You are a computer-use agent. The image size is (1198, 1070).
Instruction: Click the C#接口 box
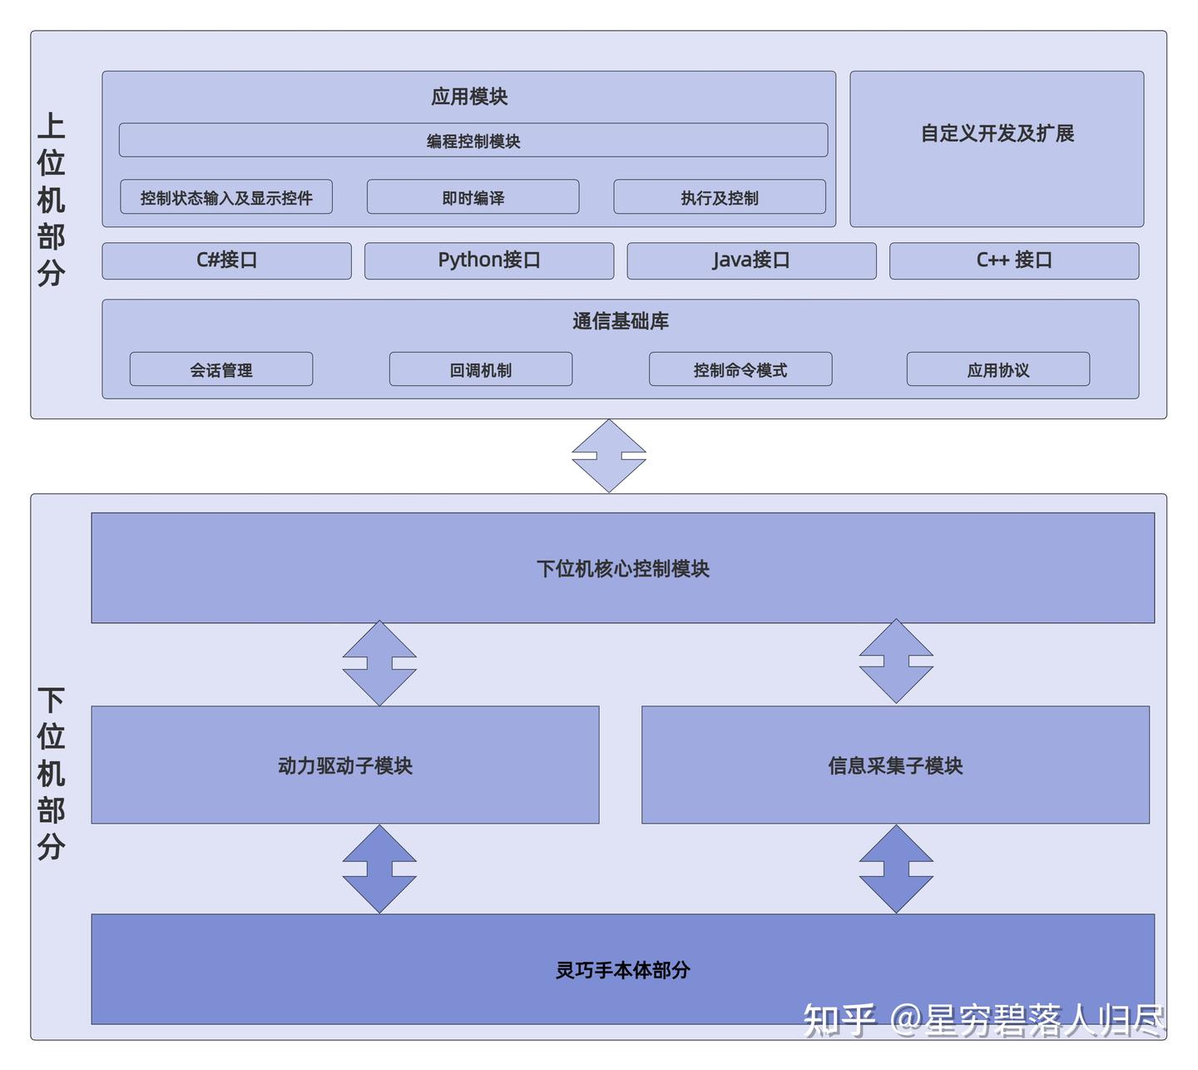point(226,260)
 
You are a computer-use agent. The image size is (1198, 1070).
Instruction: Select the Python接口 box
point(489,260)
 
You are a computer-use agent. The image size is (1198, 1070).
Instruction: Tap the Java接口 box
point(751,260)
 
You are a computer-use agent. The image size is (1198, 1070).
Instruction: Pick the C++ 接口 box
point(1013,260)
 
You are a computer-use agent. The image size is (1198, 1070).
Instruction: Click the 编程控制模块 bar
point(473,141)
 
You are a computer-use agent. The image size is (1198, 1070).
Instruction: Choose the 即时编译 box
point(473,197)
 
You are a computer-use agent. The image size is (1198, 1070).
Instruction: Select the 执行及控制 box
point(719,197)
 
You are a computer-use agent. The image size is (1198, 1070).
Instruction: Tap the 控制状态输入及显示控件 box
point(226,197)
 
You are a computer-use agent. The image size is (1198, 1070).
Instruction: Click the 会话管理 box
point(221,369)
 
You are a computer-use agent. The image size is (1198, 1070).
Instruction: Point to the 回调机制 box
point(481,369)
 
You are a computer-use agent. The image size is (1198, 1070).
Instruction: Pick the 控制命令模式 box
point(740,369)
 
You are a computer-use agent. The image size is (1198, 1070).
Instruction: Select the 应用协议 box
point(998,369)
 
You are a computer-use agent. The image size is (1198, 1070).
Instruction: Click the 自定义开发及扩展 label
point(997,133)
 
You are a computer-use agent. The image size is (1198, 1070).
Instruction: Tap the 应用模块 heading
point(469,97)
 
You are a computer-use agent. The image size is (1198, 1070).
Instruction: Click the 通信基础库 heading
point(621,321)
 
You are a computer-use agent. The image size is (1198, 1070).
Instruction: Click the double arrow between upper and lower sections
point(609,456)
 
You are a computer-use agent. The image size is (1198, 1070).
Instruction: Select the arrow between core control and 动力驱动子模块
point(379,663)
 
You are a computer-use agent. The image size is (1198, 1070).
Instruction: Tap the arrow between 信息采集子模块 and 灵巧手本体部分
point(896,869)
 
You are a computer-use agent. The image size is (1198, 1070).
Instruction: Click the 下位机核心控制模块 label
point(622,568)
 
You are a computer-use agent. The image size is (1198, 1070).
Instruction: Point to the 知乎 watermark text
point(839,1020)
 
